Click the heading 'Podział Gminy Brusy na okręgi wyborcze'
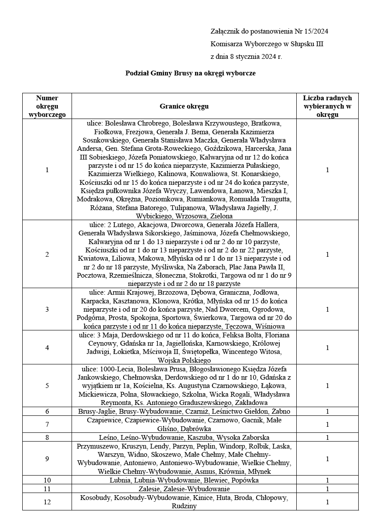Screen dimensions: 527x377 (x=190, y=73)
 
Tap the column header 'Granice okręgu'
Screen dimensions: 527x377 (x=184, y=106)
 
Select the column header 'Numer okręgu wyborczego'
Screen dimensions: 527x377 (x=47, y=106)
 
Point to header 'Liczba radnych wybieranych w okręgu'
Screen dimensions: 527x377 (x=327, y=106)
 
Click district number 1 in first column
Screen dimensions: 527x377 (x=47, y=170)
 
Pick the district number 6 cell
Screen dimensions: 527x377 (x=47, y=411)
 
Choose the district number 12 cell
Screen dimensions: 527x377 (x=47, y=502)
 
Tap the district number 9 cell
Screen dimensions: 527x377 (x=47, y=459)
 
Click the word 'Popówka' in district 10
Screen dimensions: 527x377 (x=246, y=480)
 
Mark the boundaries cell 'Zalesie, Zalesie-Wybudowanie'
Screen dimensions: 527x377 (x=184, y=489)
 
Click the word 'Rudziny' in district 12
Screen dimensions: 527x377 (x=184, y=506)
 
